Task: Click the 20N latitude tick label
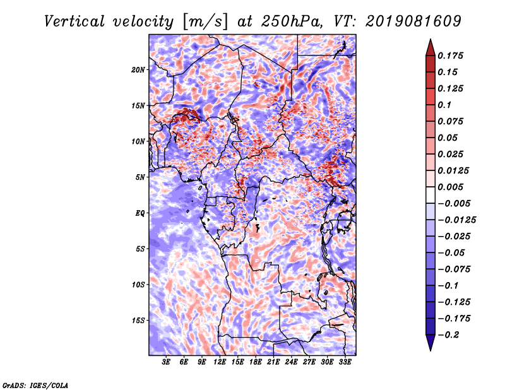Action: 138,70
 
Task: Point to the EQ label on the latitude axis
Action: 140,213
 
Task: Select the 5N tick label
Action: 140,177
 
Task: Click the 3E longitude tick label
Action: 166,362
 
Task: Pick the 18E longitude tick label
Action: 255,362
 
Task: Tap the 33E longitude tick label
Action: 345,362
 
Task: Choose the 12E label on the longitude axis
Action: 219,362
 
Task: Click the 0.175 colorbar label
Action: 450,56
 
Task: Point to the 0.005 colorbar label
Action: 450,187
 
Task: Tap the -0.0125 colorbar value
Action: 456,220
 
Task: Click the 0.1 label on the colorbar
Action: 444,105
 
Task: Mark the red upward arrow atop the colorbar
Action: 431,47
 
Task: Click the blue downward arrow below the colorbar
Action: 431,343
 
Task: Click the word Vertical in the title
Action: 74,21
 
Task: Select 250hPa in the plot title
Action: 292,21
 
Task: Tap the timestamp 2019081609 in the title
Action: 413,21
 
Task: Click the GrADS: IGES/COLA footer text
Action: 35,386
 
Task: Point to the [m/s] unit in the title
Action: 205,21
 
